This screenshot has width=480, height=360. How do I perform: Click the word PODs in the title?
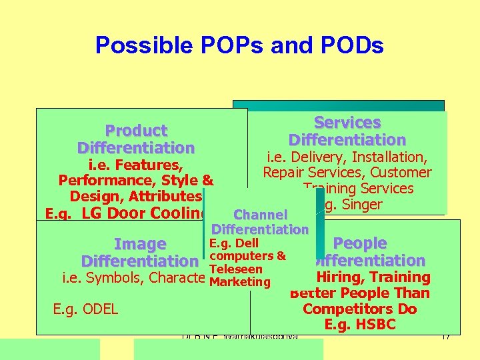click(349, 45)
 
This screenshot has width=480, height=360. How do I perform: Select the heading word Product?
click(136, 131)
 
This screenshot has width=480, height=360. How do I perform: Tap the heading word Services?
click(347, 123)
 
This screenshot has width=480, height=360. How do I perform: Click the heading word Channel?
click(260, 215)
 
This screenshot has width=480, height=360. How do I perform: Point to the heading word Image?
click(140, 245)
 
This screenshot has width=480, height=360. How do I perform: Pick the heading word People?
click(360, 243)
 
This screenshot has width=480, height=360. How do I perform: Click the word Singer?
click(361, 204)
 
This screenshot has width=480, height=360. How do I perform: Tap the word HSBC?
click(376, 325)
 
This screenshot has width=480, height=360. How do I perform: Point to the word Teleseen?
click(235, 269)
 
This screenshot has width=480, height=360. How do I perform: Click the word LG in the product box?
click(91, 213)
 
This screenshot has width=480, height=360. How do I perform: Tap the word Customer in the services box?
click(403, 173)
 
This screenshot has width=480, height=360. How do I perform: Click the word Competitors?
click(359, 309)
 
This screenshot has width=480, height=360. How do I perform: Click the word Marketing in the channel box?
click(239, 282)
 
